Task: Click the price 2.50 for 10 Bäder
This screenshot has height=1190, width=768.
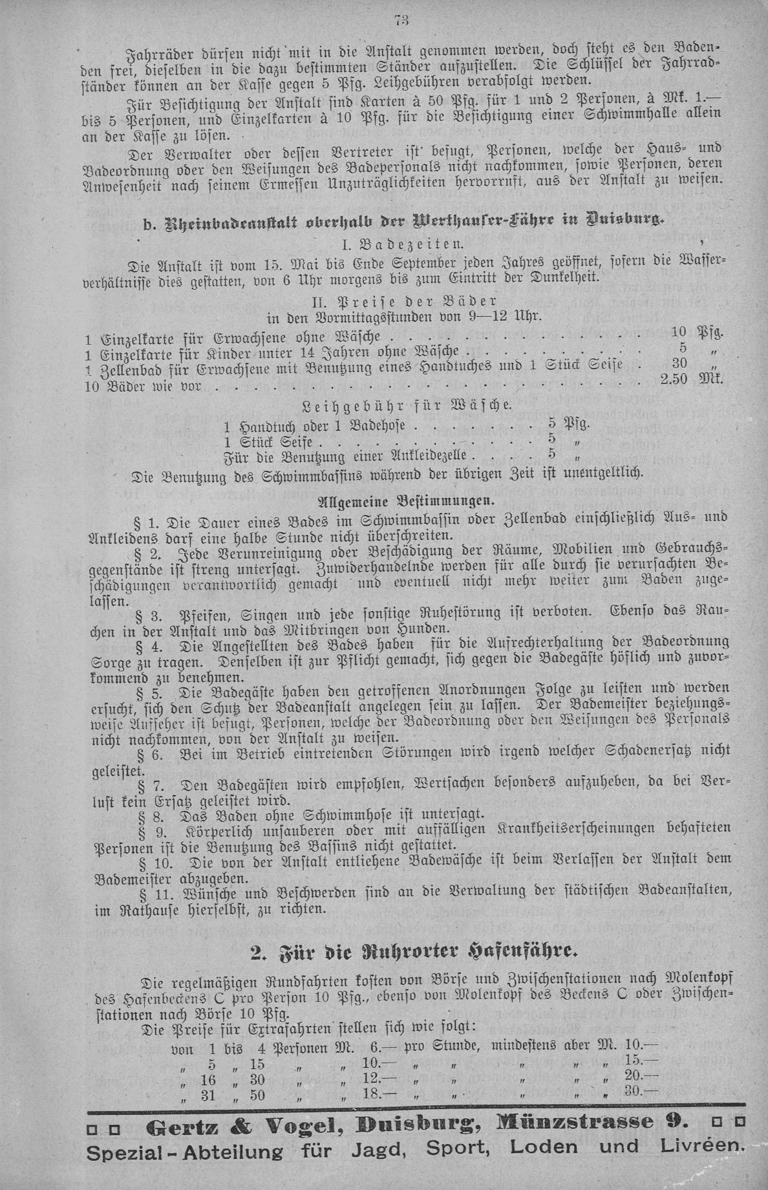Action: [677, 378]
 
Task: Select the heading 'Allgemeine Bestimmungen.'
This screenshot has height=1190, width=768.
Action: [407, 501]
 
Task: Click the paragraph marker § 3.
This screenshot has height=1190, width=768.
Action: [145, 613]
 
